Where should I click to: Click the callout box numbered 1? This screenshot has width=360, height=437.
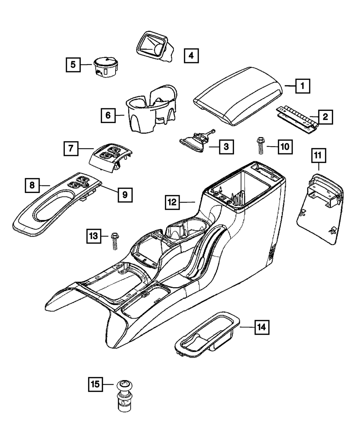click(303, 86)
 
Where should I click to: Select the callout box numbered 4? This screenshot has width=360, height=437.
click(191, 55)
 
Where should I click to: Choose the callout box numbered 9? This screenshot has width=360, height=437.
click(125, 194)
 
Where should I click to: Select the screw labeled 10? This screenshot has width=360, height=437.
click(259, 146)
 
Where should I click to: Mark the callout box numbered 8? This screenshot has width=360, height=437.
click(32, 185)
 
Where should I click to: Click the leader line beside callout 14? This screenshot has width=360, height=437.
click(247, 327)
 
